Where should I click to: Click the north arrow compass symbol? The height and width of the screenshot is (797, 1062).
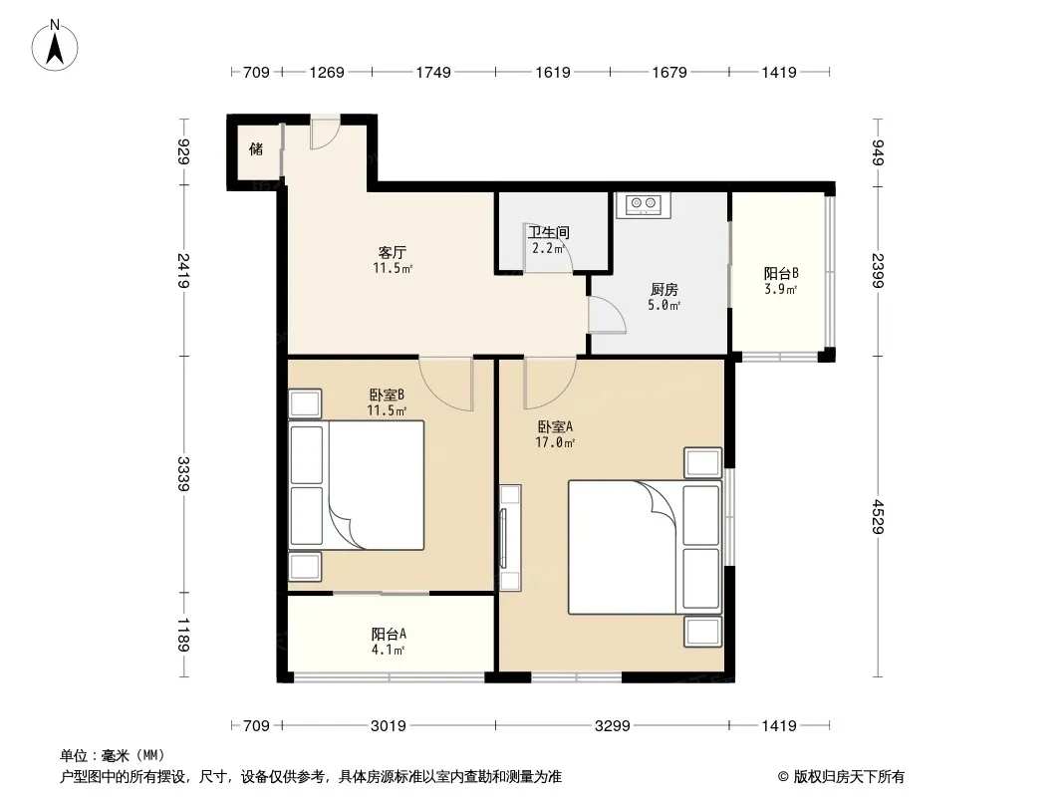click(55, 46)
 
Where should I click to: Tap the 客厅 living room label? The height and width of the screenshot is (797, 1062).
click(393, 253)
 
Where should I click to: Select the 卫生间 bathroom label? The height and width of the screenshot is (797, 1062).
click(549, 233)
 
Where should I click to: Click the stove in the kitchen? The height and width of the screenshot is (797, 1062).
click(644, 205)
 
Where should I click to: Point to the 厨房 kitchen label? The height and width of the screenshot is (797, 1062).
click(664, 290)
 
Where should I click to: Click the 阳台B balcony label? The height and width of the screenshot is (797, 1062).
click(781, 274)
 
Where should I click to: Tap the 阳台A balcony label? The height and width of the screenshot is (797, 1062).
click(389, 635)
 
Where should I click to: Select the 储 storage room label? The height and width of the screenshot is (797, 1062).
click(256, 149)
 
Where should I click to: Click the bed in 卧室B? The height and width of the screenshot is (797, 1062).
click(357, 485)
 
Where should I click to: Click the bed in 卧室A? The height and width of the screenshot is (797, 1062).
click(645, 547)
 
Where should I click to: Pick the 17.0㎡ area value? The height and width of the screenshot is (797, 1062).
click(555, 443)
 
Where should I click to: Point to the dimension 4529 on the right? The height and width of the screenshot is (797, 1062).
click(878, 517)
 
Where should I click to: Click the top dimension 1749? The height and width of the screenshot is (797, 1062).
click(433, 72)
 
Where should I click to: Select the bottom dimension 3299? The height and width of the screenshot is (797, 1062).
click(613, 726)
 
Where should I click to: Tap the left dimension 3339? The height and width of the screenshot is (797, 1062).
click(183, 474)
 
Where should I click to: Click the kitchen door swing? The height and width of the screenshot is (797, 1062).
click(607, 314)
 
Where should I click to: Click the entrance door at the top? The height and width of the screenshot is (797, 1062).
click(325, 133)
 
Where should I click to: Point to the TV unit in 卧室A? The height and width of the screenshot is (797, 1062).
click(510, 538)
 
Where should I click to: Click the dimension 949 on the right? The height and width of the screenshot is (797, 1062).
click(878, 151)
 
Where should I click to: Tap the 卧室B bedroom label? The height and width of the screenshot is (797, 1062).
click(387, 395)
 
